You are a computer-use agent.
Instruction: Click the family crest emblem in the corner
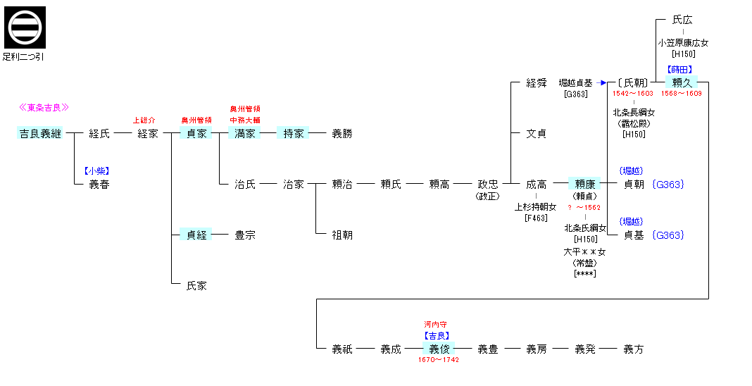pos(25,27)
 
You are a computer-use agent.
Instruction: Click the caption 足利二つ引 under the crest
pos(23,56)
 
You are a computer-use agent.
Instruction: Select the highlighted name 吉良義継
pos(40,133)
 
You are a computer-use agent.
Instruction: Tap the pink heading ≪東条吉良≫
pos(44,108)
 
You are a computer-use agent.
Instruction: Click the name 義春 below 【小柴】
pos(99,185)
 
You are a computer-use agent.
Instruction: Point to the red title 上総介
pos(144,120)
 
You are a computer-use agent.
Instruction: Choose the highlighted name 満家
pos(245,133)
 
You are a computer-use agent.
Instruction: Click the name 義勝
pos(341,133)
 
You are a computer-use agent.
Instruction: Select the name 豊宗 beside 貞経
pos(245,235)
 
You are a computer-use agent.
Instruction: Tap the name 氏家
pos(196,286)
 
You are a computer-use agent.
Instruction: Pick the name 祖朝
pos(341,235)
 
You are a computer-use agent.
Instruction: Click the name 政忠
pos(488,185)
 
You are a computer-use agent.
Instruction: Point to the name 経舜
pos(537,83)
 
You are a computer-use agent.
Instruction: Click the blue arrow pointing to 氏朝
pos(603,83)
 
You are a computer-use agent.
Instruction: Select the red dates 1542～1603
pos(633,94)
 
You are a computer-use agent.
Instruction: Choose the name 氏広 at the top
pos(682,20)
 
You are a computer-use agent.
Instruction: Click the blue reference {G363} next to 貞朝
pos(668,185)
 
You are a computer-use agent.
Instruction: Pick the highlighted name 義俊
pos(439,349)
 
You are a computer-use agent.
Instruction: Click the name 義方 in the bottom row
pos(634,349)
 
